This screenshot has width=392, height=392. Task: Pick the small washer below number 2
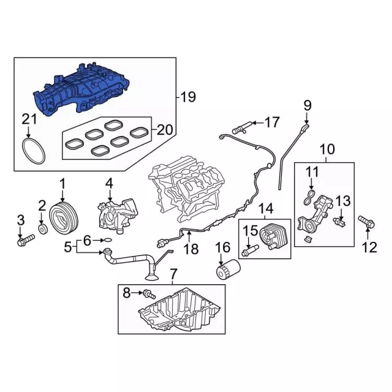(x=42, y=230)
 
